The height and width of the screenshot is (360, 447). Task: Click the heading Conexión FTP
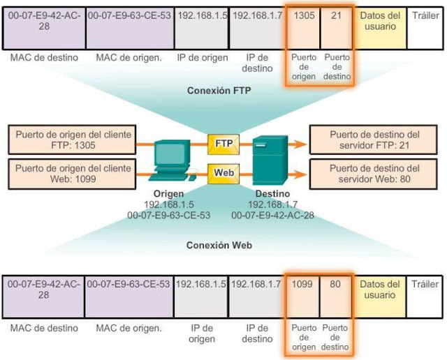[x=220, y=91]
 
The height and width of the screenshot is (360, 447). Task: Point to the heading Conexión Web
[x=220, y=246]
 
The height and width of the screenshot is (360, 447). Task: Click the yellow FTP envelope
[x=223, y=143]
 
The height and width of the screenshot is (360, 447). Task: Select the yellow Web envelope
[x=223, y=172]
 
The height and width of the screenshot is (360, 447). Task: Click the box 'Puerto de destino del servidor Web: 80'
[x=374, y=174]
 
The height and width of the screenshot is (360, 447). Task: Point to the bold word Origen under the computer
[x=170, y=195]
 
